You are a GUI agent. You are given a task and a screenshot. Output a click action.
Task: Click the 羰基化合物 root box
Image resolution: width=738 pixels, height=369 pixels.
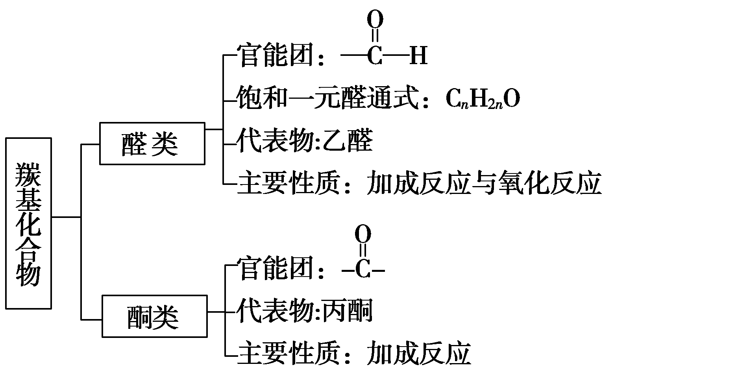pyautogui.click(x=28, y=223)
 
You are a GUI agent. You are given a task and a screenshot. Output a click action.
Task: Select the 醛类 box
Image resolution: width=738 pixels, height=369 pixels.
pyautogui.click(x=152, y=143)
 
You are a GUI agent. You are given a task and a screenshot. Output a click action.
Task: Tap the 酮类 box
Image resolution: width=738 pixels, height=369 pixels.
pyautogui.click(x=154, y=316)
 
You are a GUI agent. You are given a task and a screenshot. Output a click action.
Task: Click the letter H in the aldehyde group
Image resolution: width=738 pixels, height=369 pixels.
pyautogui.click(x=418, y=56)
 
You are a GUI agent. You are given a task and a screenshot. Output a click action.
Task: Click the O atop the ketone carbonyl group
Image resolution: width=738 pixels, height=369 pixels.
pyautogui.click(x=363, y=234)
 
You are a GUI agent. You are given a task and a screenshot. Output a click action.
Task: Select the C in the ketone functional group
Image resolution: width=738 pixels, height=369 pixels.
pyautogui.click(x=363, y=270)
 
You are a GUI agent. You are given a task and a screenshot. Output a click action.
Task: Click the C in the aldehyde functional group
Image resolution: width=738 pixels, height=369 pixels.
pyautogui.click(x=375, y=56)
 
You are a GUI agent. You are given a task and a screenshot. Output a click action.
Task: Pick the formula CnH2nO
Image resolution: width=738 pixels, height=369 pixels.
pyautogui.click(x=483, y=99)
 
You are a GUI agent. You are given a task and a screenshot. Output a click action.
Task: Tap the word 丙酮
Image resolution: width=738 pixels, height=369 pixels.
pyautogui.click(x=348, y=312)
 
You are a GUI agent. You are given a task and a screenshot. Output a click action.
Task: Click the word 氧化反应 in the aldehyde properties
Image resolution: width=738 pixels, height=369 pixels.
pyautogui.click(x=550, y=183)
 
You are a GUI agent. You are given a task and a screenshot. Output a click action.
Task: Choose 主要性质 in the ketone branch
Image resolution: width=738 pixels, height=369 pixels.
pyautogui.click(x=288, y=354)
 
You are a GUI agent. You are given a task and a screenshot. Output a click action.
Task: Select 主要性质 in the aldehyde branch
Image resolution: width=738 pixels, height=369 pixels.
pyautogui.click(x=288, y=183)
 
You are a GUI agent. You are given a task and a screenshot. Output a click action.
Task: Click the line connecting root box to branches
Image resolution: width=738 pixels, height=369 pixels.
pyautogui.click(x=66, y=217)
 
